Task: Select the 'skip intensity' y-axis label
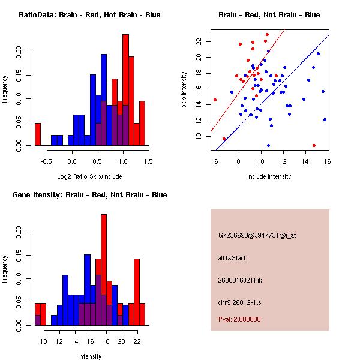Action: click(x=185, y=90)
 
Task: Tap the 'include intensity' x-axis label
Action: click(x=269, y=176)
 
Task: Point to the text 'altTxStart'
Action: click(x=232, y=258)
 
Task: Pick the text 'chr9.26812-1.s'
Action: click(x=238, y=301)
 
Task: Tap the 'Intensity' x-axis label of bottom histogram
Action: click(x=90, y=356)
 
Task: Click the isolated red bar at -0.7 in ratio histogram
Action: click(x=37, y=134)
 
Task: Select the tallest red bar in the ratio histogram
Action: click(x=125, y=90)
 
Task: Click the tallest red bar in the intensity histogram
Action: click(x=104, y=270)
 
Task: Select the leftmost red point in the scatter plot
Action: click(x=215, y=100)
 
